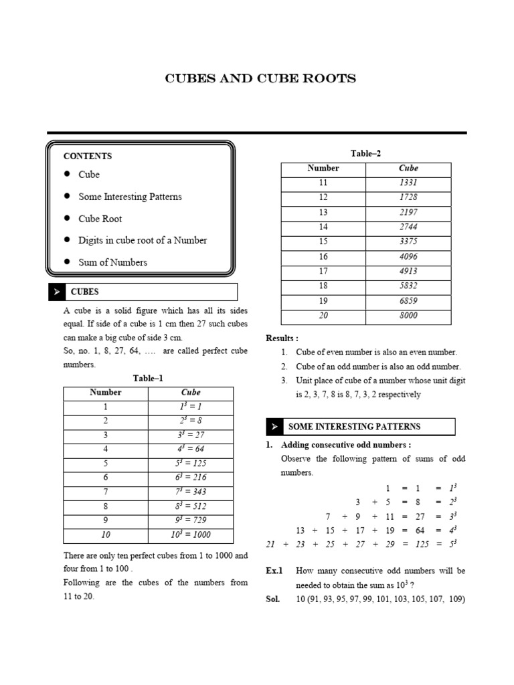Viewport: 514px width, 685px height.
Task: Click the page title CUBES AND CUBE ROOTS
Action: [260, 79]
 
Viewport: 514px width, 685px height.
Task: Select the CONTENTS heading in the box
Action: [88, 156]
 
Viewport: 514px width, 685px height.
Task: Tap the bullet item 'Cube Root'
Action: [100, 219]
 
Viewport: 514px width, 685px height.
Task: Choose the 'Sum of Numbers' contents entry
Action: [112, 262]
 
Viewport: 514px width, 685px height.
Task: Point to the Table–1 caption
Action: [148, 379]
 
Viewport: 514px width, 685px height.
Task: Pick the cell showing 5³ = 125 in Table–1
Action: [191, 464]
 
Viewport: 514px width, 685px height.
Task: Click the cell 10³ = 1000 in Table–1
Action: [191, 534]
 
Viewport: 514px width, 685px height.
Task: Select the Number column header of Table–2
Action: [323, 169]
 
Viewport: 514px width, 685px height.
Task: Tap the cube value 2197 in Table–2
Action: [408, 212]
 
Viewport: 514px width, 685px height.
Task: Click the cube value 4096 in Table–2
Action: [408, 256]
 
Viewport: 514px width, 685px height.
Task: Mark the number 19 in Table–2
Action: [323, 301]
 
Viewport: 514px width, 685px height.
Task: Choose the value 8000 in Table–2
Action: [408, 316]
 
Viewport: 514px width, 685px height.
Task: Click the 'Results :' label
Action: [282, 338]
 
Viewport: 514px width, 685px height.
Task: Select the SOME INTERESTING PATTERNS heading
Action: [354, 427]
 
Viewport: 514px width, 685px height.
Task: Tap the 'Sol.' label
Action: [273, 599]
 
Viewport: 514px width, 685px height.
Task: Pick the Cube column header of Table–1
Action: [191, 393]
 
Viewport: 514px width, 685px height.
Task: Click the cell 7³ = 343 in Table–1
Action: [191, 492]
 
